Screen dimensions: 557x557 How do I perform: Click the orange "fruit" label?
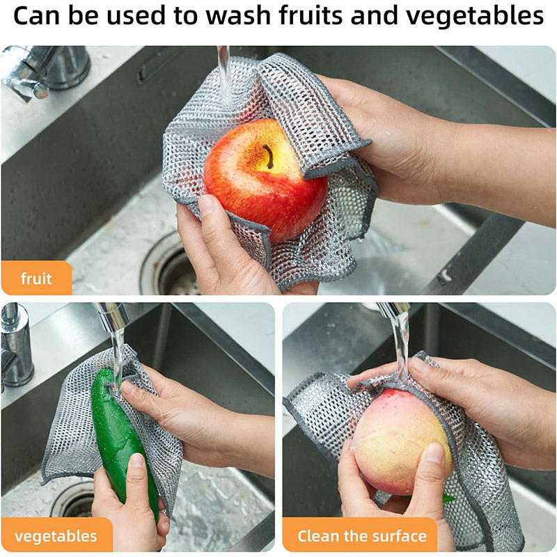point(36,278)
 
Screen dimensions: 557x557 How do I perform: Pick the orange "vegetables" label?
point(56,536)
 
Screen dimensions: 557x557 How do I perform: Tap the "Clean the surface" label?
point(361,536)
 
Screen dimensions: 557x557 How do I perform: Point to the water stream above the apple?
point(224,70)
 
